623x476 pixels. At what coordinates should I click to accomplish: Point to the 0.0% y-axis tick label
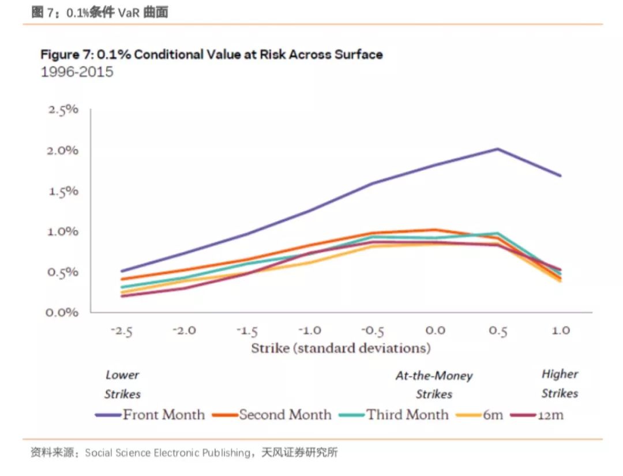pyautogui.click(x=62, y=312)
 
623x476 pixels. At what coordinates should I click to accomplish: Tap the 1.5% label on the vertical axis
pyautogui.click(x=62, y=191)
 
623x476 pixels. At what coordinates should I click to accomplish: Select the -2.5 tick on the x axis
pyautogui.click(x=122, y=331)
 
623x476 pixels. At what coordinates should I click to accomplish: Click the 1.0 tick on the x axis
pyautogui.click(x=561, y=331)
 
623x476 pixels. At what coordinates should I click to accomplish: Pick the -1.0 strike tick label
pyautogui.click(x=310, y=331)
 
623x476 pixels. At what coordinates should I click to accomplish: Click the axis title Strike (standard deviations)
pyautogui.click(x=341, y=348)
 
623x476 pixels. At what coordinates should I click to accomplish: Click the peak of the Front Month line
pyautogui.click(x=498, y=149)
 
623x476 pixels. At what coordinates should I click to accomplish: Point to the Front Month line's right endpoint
pyautogui.click(x=561, y=176)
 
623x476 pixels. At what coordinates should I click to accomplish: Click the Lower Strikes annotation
pyautogui.click(x=122, y=384)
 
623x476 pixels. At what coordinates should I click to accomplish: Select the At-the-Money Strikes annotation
pyautogui.click(x=434, y=385)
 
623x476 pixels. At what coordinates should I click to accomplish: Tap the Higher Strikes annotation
pyautogui.click(x=560, y=384)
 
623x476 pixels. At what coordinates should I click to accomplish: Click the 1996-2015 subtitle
pyautogui.click(x=77, y=72)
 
